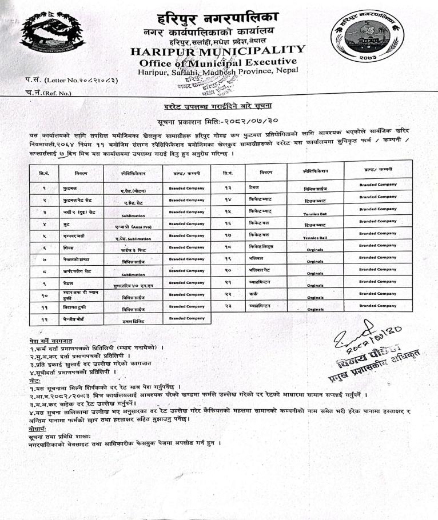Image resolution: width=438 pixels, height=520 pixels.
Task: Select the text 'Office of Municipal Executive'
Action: [218, 62]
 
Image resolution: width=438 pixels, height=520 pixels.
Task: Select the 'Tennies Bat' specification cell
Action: [313, 213]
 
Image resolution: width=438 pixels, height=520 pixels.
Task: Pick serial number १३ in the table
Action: [226, 187]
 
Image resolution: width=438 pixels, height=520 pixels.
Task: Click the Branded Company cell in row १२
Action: [184, 318]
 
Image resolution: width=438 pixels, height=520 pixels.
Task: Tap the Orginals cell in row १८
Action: [313, 249]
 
